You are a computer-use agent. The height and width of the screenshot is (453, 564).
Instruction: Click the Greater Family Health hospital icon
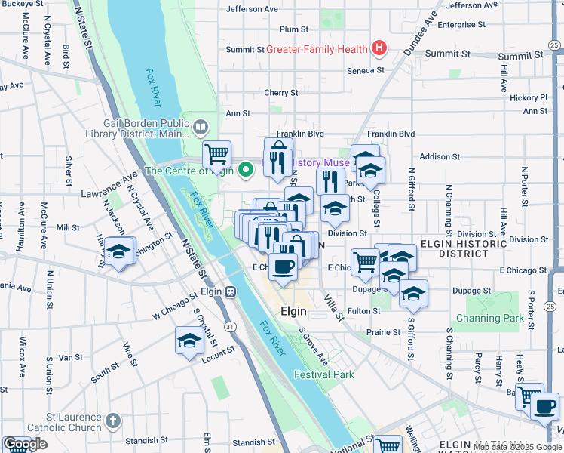click(x=379, y=50)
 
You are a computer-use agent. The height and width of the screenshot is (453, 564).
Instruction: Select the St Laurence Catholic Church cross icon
click(x=112, y=420)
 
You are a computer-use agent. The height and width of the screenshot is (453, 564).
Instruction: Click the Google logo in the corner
click(x=25, y=444)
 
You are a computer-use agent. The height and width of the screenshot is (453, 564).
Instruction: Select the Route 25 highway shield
click(x=551, y=306)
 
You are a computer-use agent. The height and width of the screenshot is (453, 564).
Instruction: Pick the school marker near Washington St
click(x=118, y=251)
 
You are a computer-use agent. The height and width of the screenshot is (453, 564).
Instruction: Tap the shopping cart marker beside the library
click(x=216, y=155)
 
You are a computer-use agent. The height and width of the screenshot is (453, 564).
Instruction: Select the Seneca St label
click(x=366, y=69)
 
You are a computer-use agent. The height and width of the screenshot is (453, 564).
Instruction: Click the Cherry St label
click(x=281, y=93)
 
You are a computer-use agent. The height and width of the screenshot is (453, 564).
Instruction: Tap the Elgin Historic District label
click(x=463, y=250)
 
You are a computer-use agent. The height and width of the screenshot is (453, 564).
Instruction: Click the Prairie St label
click(x=384, y=332)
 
